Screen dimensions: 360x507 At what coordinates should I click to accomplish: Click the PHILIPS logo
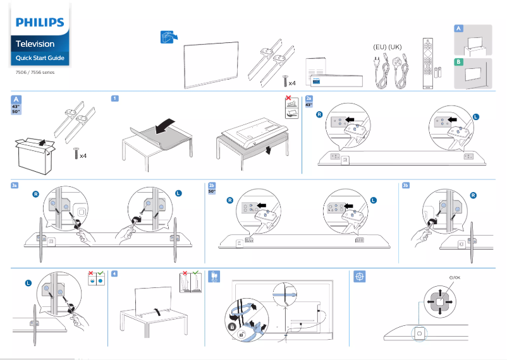click(x=40, y=23)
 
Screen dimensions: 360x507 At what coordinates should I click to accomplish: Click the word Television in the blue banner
click(x=35, y=44)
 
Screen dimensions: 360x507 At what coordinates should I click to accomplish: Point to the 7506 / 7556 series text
click(x=35, y=72)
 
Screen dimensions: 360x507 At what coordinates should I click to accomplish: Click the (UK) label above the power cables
click(x=395, y=47)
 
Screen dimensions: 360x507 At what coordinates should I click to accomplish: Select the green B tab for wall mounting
click(x=459, y=62)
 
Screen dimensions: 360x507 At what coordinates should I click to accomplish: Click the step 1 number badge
click(x=114, y=99)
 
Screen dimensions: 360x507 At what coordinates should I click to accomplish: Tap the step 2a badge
click(x=309, y=99)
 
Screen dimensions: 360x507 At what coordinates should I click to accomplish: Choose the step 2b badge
click(x=212, y=185)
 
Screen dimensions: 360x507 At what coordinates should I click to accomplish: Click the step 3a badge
click(x=15, y=185)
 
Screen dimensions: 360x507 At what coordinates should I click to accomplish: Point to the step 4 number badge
click(x=114, y=273)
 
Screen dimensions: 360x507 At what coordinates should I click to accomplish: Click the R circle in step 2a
click(x=319, y=114)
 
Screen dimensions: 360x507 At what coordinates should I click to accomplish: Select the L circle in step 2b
click(x=373, y=200)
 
